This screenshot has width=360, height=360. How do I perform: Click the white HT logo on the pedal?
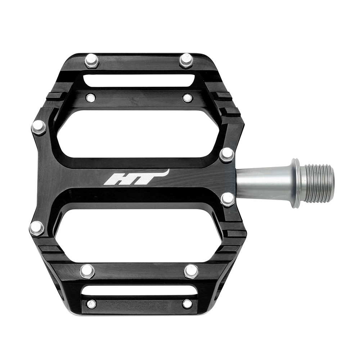(x=136, y=177)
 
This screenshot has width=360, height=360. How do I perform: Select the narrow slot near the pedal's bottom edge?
(x=139, y=291)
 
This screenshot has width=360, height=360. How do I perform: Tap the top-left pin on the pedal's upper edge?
(x=92, y=61)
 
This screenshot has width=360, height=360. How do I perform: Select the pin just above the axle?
(x=226, y=154)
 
